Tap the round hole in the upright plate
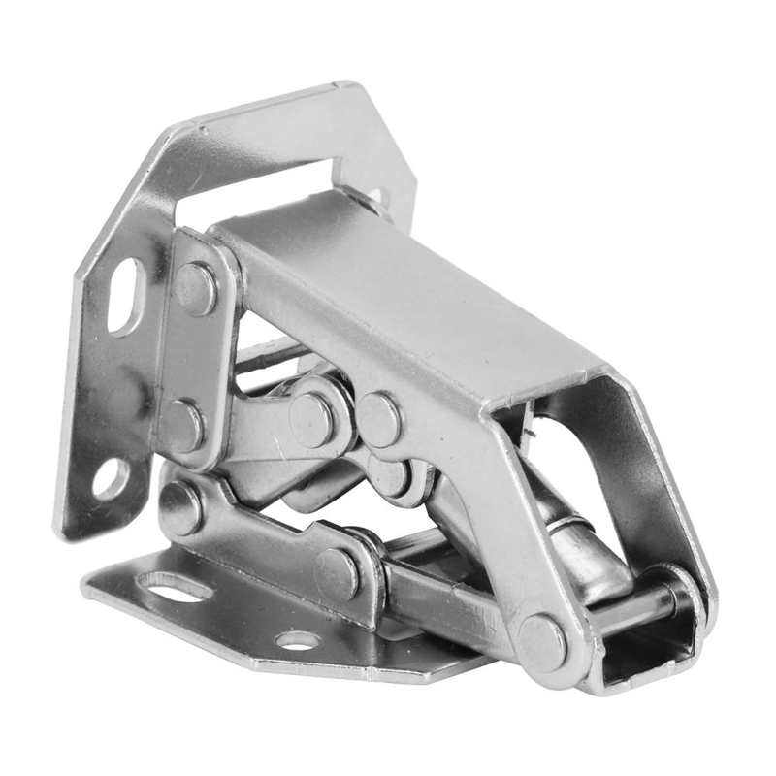(110, 478)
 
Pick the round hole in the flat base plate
(296, 640)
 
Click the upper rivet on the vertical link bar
(197, 288)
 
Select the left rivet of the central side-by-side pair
(311, 419)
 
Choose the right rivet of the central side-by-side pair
(379, 419)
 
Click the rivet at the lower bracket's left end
(180, 507)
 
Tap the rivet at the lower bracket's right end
(337, 573)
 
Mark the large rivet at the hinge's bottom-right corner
(541, 641)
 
